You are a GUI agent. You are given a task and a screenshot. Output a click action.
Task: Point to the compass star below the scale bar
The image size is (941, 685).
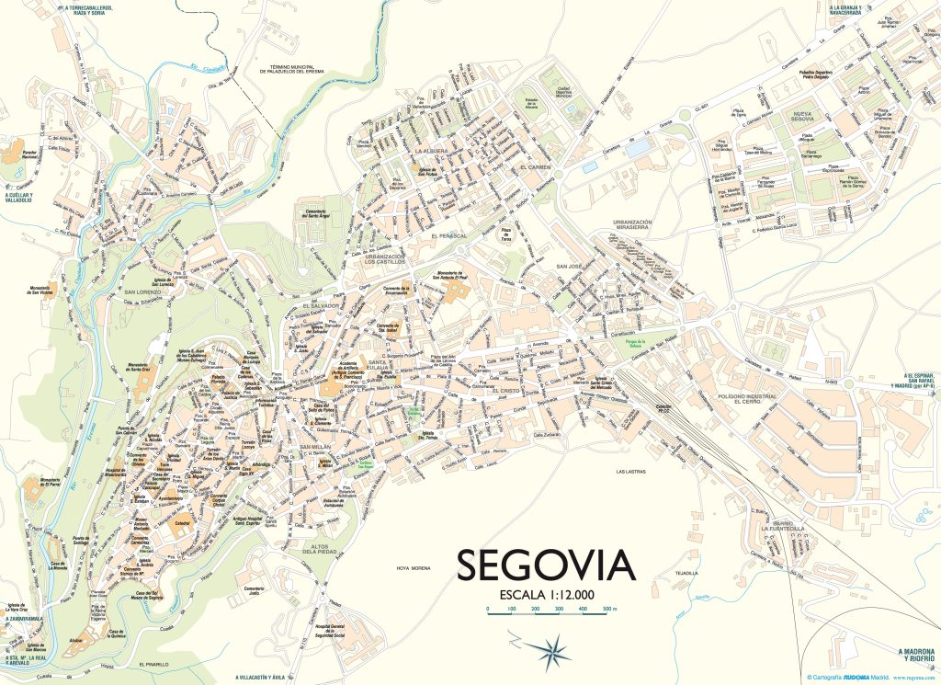(553, 650)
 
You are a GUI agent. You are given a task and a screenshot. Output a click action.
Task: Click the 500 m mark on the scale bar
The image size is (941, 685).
(608, 610)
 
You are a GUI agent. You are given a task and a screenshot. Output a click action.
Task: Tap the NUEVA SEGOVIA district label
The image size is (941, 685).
(812, 118)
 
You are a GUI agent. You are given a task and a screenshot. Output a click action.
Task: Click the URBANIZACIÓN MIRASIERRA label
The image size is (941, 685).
(639, 227)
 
